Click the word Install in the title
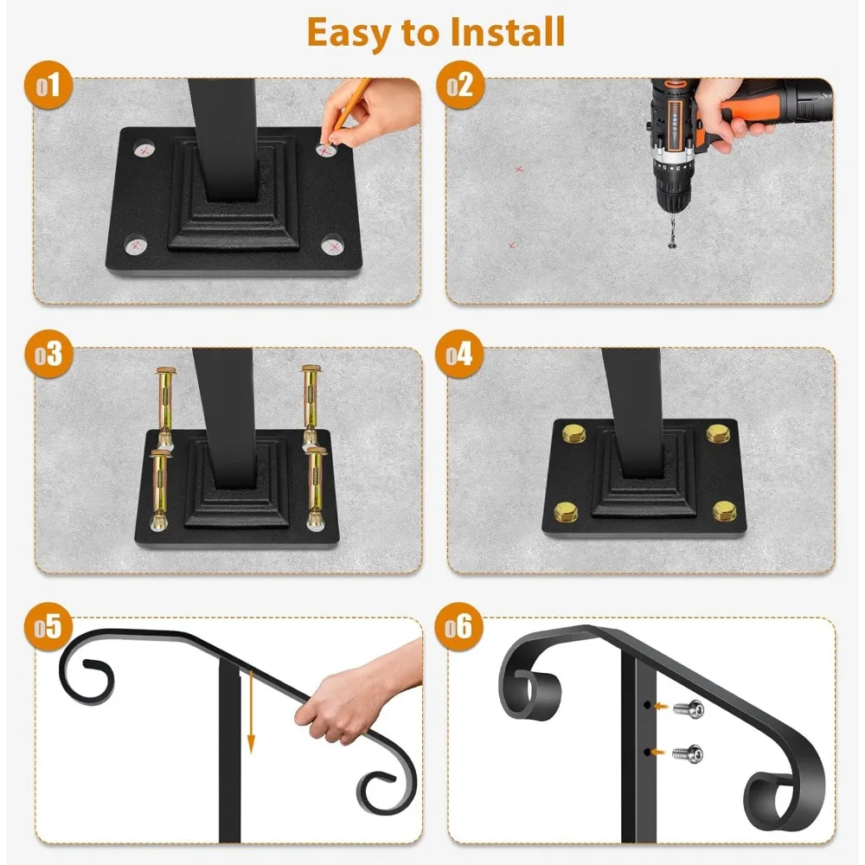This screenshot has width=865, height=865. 507,32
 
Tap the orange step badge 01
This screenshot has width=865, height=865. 48,85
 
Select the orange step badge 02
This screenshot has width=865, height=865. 460,85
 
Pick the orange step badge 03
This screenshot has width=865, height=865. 48,354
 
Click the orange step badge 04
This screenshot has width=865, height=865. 460,354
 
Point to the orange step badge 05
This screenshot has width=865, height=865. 48,626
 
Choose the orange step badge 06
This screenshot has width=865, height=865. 460,626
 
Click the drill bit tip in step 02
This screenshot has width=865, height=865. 672,248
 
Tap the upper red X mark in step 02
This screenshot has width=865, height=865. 518,170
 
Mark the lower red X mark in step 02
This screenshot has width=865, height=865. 512,245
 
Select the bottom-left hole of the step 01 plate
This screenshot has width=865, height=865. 135,245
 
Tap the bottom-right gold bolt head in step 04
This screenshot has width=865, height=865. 723,511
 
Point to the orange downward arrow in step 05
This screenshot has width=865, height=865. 251,712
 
